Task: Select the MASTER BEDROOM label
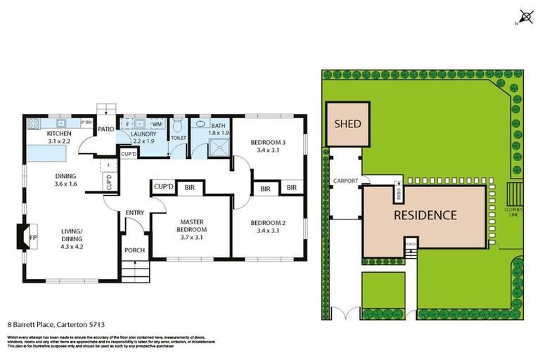coord(191,225)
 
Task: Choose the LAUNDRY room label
coord(143,134)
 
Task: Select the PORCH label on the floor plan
coord(134,250)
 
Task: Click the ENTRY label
coord(135,213)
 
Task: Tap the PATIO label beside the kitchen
coord(106,129)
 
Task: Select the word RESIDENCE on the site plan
coord(424,215)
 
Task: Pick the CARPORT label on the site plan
coord(346,181)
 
